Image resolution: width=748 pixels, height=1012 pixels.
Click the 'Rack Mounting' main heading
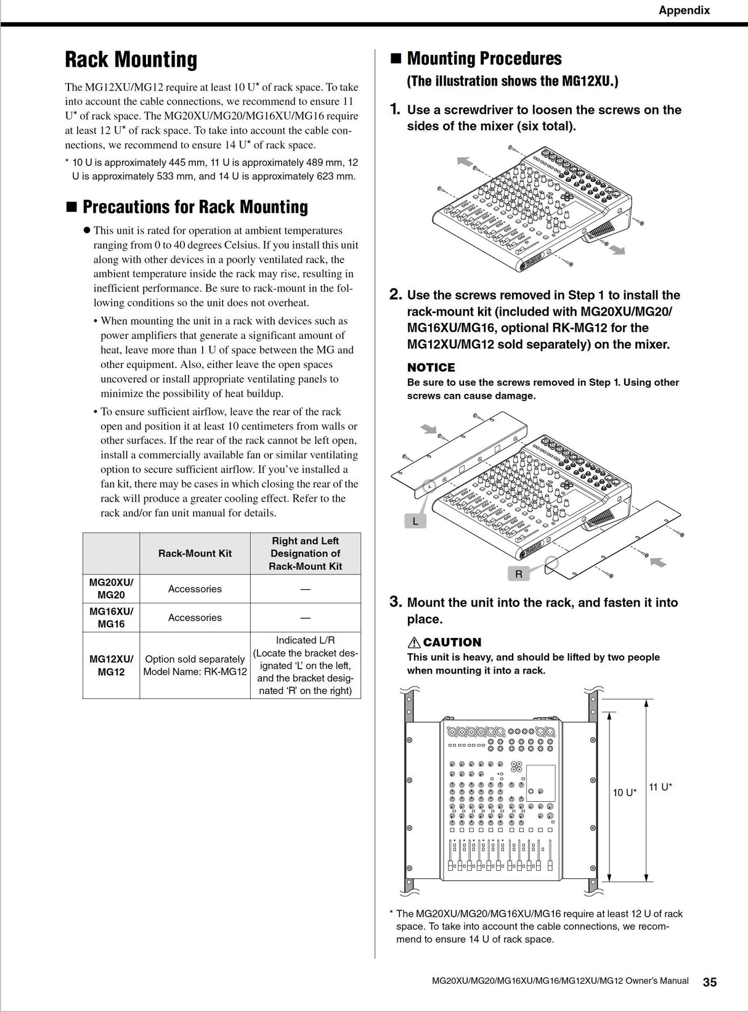click(x=131, y=60)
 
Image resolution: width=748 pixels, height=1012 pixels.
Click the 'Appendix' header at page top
click(x=684, y=10)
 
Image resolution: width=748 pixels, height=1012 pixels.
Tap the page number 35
click(x=710, y=982)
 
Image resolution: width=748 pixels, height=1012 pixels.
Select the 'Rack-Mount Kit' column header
click(x=195, y=553)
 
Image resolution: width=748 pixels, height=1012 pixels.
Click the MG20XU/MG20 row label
click(x=111, y=589)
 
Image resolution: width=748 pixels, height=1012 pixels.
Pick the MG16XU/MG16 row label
click(x=111, y=618)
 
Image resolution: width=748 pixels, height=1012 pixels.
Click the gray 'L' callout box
click(x=415, y=521)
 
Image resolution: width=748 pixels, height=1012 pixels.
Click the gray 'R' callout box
click(x=519, y=574)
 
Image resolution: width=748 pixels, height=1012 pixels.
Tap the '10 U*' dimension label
click(x=624, y=793)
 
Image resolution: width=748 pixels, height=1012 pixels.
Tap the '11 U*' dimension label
click(x=660, y=787)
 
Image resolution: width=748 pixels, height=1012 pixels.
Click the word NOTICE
click(x=431, y=367)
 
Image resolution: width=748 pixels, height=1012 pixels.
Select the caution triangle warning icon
click(x=414, y=642)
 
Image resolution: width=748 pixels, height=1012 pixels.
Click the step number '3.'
click(x=396, y=602)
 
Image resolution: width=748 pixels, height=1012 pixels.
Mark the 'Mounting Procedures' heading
click(x=484, y=59)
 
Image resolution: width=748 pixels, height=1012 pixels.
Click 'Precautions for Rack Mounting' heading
click(x=195, y=206)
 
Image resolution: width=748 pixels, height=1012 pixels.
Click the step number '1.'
click(x=396, y=110)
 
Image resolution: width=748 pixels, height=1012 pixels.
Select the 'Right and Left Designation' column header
click(x=305, y=553)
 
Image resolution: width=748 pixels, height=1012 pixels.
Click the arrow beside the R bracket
click(x=658, y=561)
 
